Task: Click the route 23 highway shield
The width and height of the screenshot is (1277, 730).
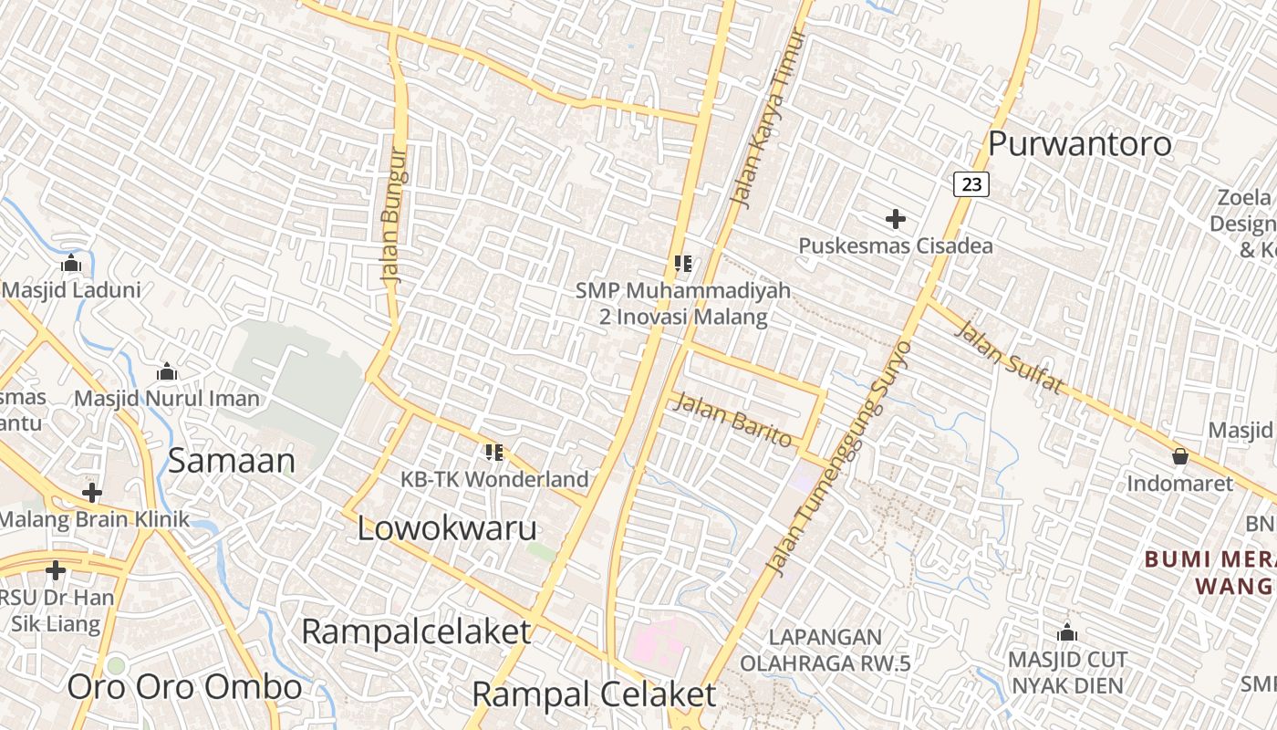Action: tap(971, 184)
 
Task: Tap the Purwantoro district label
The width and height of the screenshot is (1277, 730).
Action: tap(1079, 143)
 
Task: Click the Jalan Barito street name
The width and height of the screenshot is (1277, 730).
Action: tap(732, 419)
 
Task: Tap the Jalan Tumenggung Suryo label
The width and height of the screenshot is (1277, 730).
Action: tap(840, 458)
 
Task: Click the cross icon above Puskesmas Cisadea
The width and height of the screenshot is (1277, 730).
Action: tap(896, 219)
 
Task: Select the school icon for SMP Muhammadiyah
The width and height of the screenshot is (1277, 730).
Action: tap(683, 264)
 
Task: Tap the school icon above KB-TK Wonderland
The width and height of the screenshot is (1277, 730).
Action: tap(494, 452)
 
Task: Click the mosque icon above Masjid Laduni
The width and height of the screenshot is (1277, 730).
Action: tap(71, 264)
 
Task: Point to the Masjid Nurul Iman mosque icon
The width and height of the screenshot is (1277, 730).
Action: tap(167, 372)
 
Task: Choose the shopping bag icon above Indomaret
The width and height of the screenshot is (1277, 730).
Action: tap(1180, 456)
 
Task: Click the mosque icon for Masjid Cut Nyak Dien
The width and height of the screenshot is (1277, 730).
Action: tap(1067, 632)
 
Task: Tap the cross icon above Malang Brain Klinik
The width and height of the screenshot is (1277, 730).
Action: tap(92, 493)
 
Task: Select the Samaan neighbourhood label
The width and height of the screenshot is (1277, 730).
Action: tap(232, 461)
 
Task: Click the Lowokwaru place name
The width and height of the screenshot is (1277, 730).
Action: tap(447, 528)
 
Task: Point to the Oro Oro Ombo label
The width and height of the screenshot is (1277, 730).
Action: tap(184, 686)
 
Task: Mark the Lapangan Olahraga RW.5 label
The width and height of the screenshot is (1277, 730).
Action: tap(825, 650)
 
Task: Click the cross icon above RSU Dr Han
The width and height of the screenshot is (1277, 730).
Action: tap(56, 570)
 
